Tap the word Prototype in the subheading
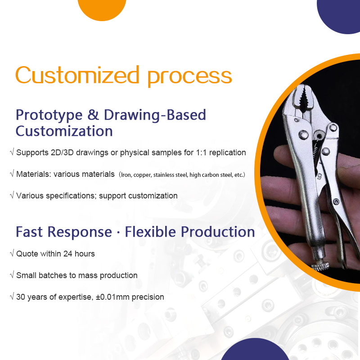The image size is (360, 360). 49,115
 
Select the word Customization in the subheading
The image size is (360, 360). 64,131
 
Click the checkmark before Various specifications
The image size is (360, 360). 12,196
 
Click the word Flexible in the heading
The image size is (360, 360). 151,232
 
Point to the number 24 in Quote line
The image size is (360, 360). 67,254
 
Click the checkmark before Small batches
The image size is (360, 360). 12,275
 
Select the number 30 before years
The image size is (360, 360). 21,297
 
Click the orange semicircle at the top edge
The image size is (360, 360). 102,8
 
